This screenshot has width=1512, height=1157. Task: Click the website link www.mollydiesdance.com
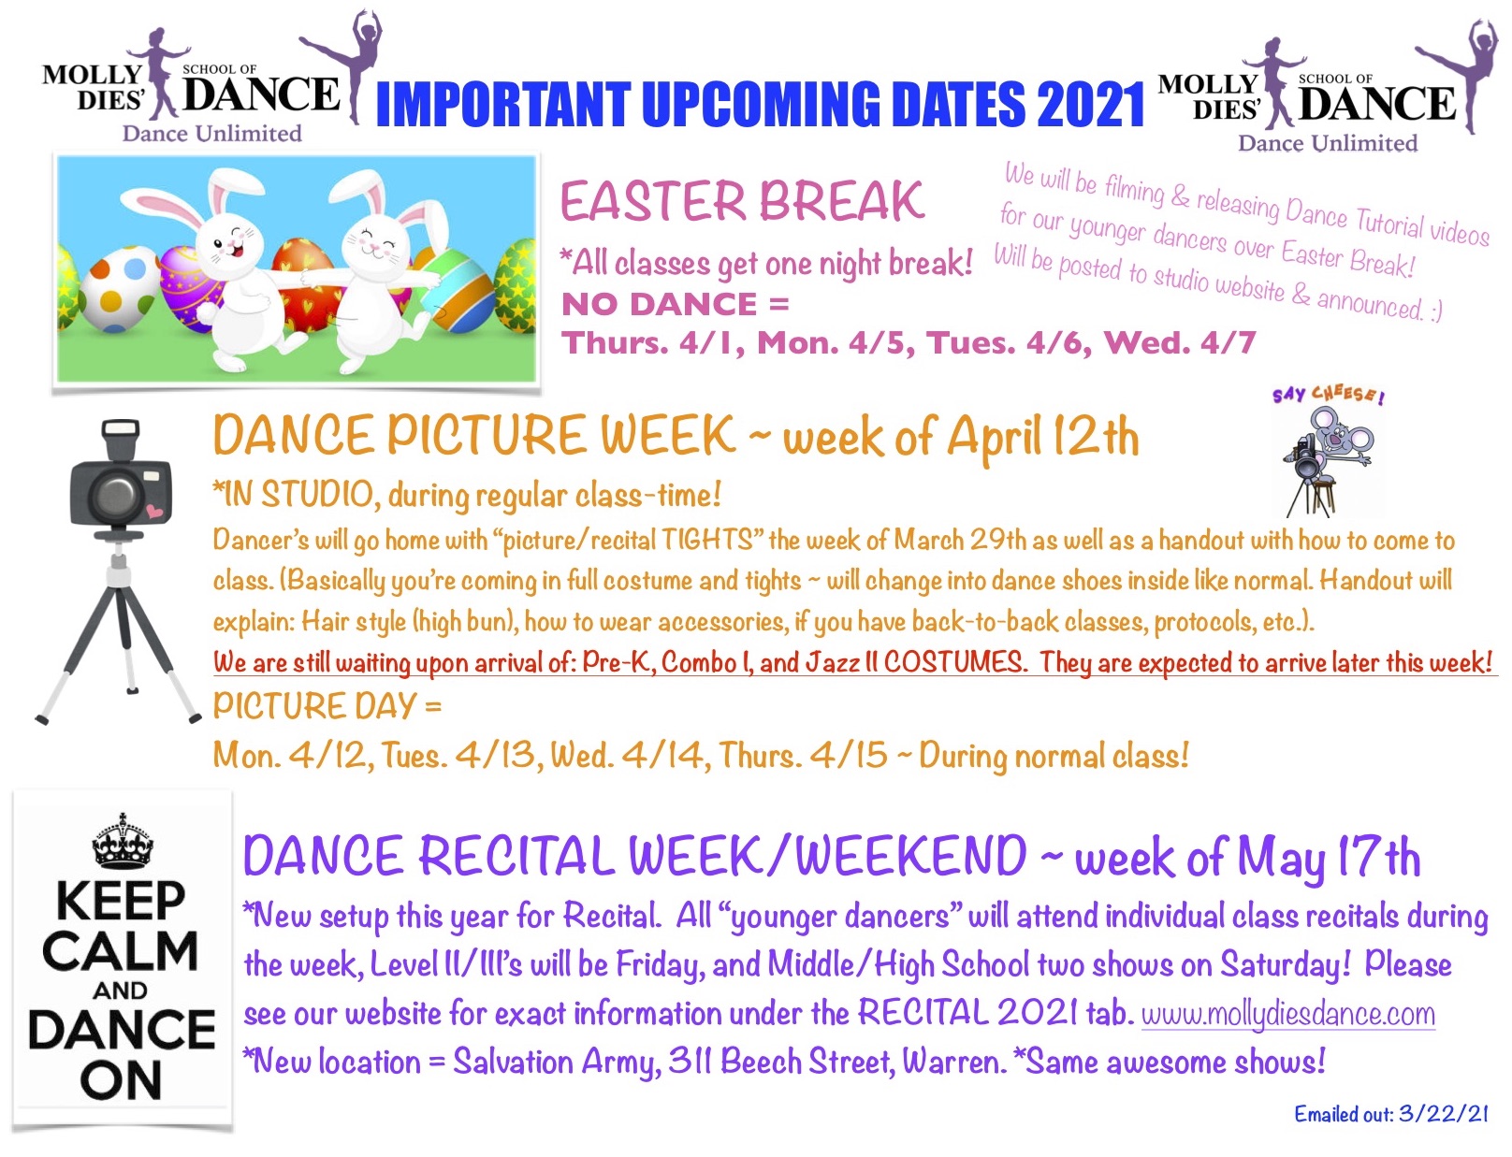[1288, 1015]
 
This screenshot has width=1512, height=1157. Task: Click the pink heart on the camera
[154, 512]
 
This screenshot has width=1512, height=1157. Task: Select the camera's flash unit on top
[120, 438]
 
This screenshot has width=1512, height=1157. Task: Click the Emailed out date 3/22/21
[1443, 1114]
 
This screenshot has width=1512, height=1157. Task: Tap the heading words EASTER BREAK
[742, 202]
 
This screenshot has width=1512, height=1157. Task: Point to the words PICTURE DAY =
[327, 706]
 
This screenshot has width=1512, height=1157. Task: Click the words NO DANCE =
[675, 304]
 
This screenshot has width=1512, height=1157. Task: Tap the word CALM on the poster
[121, 952]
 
